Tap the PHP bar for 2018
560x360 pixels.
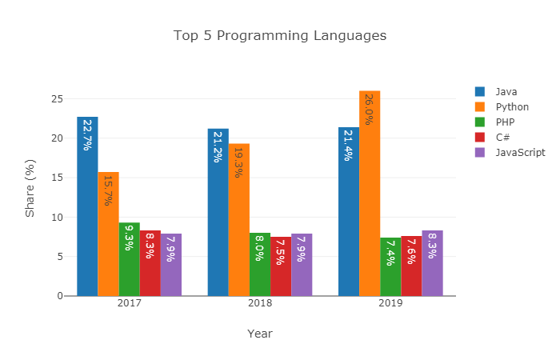coord(260,264)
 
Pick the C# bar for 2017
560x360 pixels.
coord(150,263)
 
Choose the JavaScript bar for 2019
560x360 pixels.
coord(432,263)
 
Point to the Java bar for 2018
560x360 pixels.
coord(218,212)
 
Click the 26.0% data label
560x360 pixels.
coord(369,110)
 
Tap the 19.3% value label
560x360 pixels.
coord(238,162)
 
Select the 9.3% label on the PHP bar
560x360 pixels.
coord(129,237)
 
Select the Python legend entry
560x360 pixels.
coord(511,107)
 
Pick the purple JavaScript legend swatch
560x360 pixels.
coord(480,152)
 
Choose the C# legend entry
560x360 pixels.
coord(502,137)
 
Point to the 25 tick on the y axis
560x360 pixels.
coord(57,98)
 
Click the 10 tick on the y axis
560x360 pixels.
coord(57,217)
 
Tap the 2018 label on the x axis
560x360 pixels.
coord(260,305)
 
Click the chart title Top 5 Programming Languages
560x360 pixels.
coord(280,36)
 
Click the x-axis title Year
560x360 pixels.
coord(260,334)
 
